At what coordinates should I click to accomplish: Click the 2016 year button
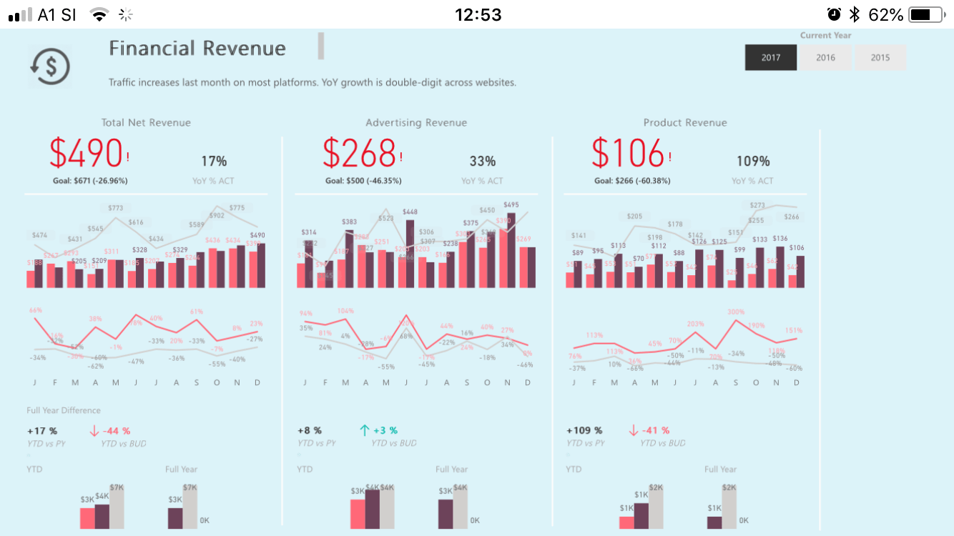[825, 58]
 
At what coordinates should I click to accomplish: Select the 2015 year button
[880, 58]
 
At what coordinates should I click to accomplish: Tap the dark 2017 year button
[771, 58]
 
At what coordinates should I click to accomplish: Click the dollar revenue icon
[50, 66]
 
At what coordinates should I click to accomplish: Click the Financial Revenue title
[197, 49]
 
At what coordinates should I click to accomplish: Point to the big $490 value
[87, 153]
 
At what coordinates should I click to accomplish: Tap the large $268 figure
[359, 153]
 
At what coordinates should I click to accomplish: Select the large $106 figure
[628, 153]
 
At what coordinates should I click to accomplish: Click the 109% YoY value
[753, 162]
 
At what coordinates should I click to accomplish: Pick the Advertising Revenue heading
[416, 123]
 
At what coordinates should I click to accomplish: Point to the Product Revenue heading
[685, 123]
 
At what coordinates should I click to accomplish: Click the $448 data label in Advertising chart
[410, 212]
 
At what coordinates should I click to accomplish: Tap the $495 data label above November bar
[511, 205]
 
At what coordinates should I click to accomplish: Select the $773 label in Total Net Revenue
[115, 208]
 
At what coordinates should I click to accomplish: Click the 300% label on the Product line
[736, 312]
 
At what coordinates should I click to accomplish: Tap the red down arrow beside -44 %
[94, 431]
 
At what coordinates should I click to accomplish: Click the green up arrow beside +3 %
[364, 430]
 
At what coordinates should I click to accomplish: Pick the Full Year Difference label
[64, 410]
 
